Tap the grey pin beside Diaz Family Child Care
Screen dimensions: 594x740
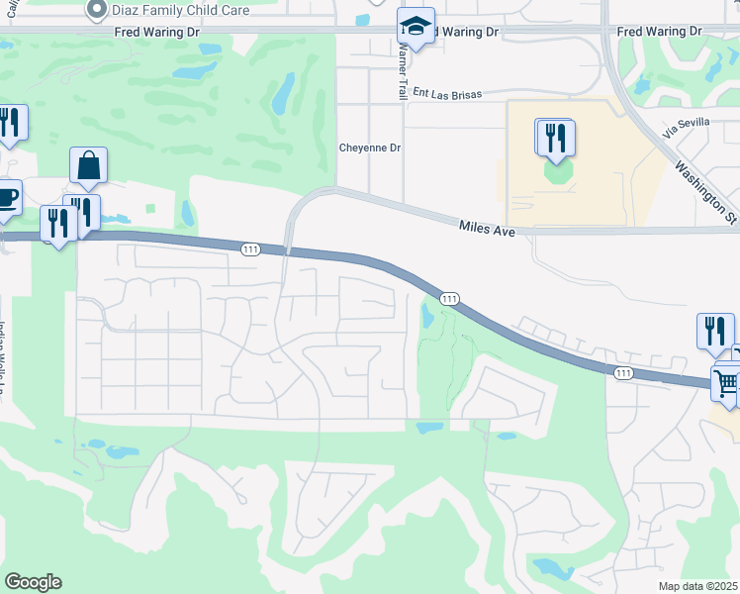[96, 11]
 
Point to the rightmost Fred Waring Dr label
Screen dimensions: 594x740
[659, 33]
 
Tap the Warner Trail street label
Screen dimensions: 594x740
[403, 61]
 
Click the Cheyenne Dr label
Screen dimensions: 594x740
[370, 148]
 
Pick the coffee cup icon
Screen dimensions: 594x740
[6, 197]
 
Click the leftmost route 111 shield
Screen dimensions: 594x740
[250, 250]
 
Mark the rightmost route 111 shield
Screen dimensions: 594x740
[622, 372]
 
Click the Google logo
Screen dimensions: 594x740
[33, 582]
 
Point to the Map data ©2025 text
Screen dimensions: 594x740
[696, 586]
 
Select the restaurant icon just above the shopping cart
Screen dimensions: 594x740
[715, 331]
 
